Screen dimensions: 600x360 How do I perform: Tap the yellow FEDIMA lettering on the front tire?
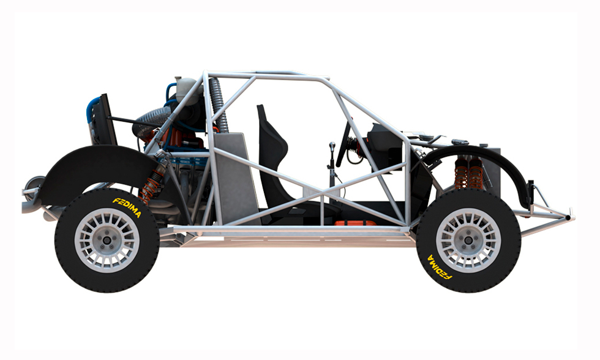pyautogui.click(x=440, y=267)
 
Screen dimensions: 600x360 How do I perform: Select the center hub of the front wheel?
pyautogui.click(x=468, y=240)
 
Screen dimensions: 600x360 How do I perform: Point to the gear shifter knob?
pyautogui.click(x=332, y=146)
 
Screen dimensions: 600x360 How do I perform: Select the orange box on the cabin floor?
pyautogui.click(x=355, y=223)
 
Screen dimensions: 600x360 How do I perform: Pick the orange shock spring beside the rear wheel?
pyautogui.click(x=151, y=187)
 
